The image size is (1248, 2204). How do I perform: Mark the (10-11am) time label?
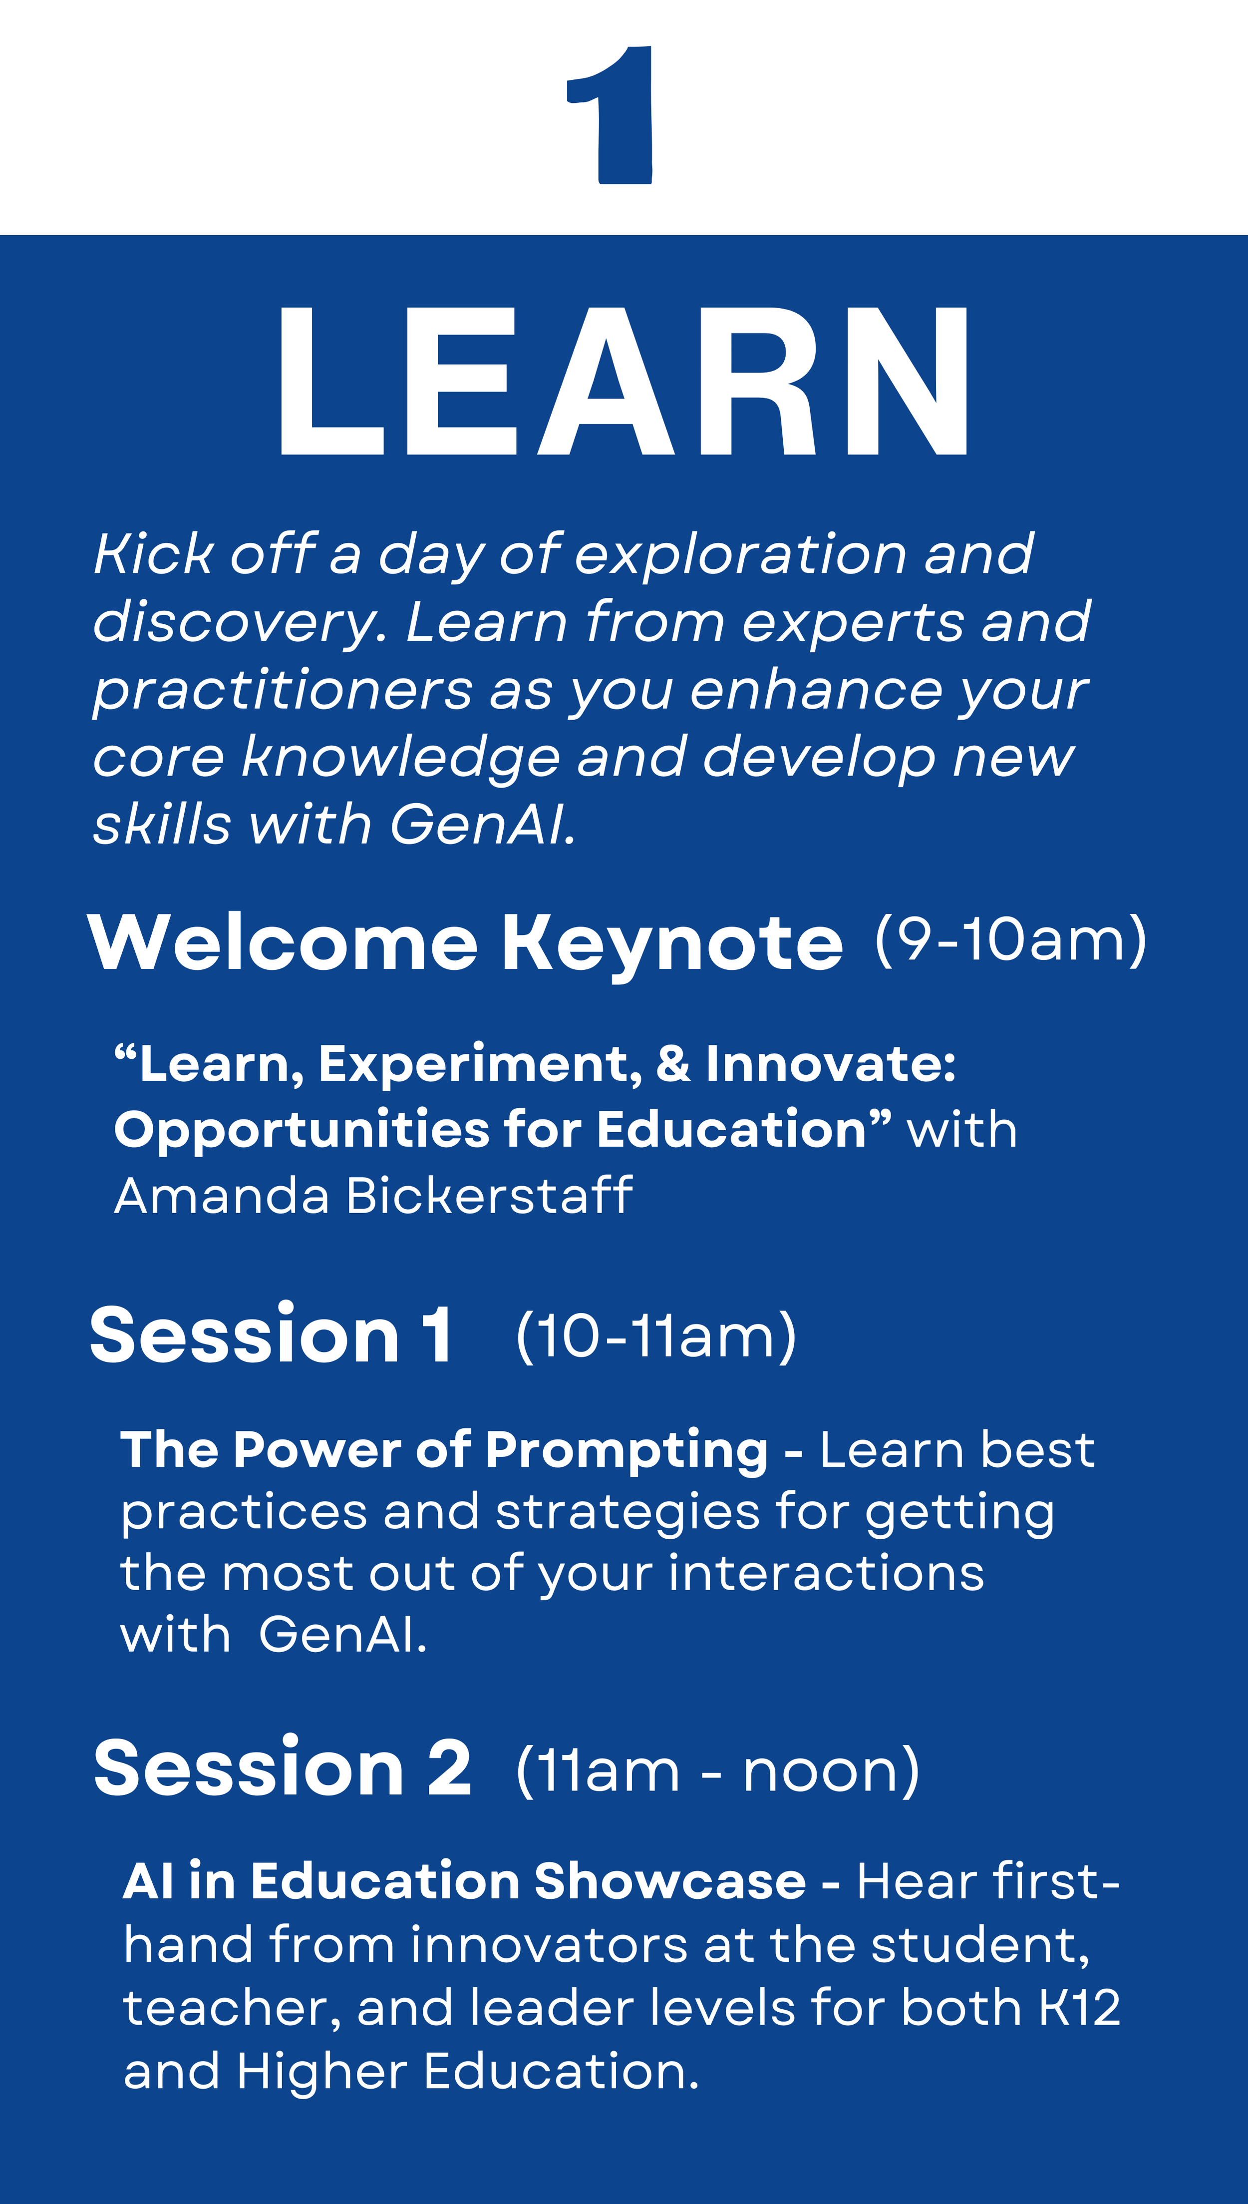point(656,1335)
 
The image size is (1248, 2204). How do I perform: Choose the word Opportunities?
point(301,1130)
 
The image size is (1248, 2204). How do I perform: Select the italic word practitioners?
point(283,691)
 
